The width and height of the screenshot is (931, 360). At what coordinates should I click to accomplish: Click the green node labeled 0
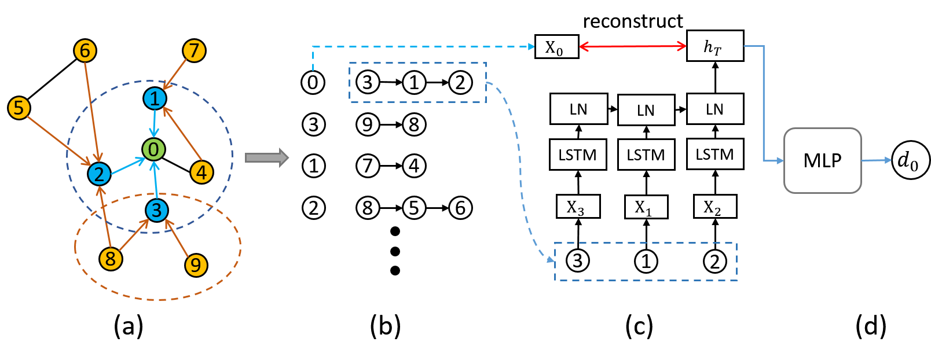click(x=153, y=149)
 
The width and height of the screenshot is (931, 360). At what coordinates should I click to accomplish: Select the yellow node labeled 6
click(x=85, y=51)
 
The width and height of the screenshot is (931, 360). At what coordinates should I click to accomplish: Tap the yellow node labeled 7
click(x=194, y=50)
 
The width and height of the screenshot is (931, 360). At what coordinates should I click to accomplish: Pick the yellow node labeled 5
click(x=19, y=108)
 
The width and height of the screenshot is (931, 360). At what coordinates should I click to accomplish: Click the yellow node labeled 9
click(x=196, y=265)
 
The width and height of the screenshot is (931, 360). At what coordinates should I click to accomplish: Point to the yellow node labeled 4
click(x=201, y=172)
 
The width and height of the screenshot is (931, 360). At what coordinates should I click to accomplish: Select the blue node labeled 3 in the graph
click(x=156, y=210)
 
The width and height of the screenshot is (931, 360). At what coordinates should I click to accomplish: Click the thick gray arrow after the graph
click(x=266, y=157)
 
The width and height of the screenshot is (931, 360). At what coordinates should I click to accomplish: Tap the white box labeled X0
click(x=556, y=47)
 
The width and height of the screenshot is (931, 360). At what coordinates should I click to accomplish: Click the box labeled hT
click(x=714, y=46)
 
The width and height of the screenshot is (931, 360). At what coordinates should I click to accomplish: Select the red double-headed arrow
click(x=632, y=46)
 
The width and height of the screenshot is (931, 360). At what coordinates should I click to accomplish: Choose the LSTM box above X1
click(x=646, y=155)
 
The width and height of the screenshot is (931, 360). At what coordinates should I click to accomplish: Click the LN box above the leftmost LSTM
click(x=578, y=109)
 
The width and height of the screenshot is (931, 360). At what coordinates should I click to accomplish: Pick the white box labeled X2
click(x=714, y=207)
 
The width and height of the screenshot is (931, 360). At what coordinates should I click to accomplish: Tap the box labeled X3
click(x=578, y=207)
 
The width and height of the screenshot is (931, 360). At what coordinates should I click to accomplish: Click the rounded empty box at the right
click(x=822, y=160)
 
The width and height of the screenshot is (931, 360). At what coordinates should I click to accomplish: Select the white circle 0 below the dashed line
click(x=313, y=82)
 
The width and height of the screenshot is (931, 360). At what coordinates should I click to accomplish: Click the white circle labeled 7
click(x=368, y=166)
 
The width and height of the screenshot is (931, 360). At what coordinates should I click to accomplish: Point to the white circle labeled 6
click(x=460, y=208)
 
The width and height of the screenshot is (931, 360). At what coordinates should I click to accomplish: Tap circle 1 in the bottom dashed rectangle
click(x=646, y=262)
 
